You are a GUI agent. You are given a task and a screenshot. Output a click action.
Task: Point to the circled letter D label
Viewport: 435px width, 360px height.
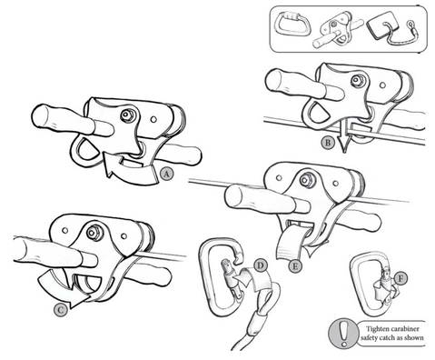[x=261, y=265]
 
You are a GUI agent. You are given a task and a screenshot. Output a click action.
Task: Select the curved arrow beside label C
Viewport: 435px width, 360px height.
[x=86, y=291]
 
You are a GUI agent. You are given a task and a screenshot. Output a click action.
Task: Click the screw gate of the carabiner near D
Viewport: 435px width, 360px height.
[x=241, y=285]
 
